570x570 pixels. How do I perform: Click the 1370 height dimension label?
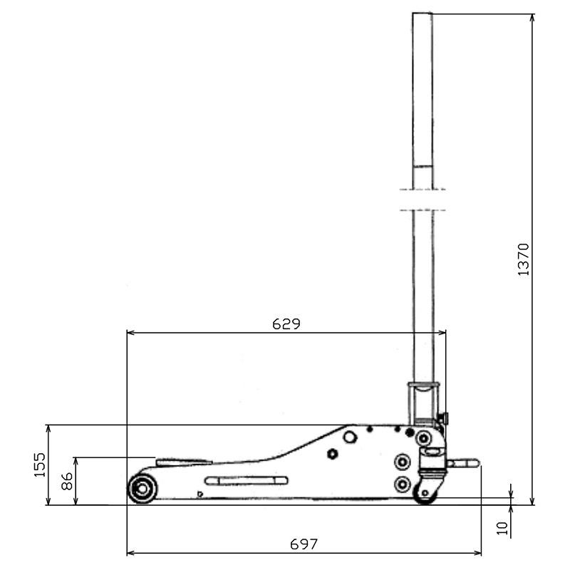[x=524, y=259]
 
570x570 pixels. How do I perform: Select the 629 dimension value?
[x=286, y=324]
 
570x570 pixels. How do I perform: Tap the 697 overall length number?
[x=304, y=544]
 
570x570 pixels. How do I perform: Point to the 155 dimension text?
[x=40, y=465]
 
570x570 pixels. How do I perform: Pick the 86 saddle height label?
[x=67, y=482]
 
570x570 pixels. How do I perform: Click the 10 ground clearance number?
[x=502, y=528]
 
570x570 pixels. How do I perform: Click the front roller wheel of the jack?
[x=142, y=489]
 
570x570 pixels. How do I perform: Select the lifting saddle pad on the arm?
[x=185, y=461]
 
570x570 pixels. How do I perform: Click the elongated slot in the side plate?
[x=247, y=481]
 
